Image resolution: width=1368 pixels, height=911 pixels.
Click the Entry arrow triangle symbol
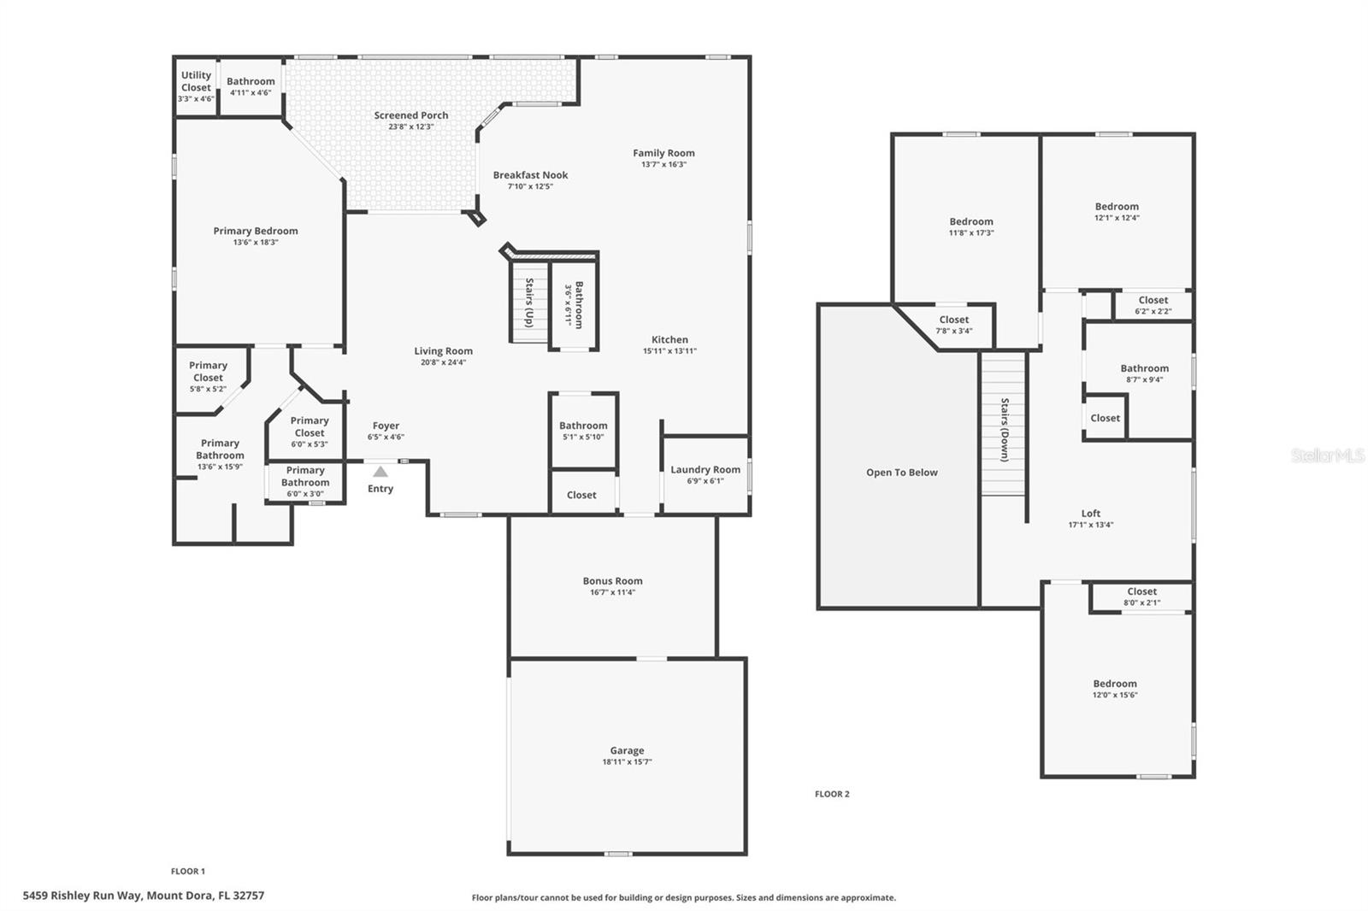point(380,472)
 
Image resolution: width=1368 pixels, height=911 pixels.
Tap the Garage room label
point(627,750)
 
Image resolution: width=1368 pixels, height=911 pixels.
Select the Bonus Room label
point(612,581)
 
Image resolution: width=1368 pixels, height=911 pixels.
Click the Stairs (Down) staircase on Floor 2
point(1004,427)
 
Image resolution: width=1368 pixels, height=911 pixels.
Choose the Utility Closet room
point(196,85)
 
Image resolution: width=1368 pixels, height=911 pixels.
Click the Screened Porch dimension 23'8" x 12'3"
point(411,126)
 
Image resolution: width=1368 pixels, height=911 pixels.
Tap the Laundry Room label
point(705,469)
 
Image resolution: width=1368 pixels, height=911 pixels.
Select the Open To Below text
point(901,473)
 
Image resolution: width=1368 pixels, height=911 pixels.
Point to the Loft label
point(1090,514)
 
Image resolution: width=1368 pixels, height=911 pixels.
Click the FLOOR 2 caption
point(832,794)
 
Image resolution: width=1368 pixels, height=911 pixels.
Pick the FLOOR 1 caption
point(188,871)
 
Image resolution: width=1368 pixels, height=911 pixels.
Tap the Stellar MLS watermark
point(1327,455)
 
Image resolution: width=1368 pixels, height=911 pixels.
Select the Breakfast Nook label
point(530,175)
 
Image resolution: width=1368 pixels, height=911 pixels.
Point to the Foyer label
point(386,426)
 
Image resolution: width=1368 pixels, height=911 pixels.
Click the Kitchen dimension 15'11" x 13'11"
point(669,350)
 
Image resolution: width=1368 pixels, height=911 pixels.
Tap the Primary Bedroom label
point(256,231)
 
